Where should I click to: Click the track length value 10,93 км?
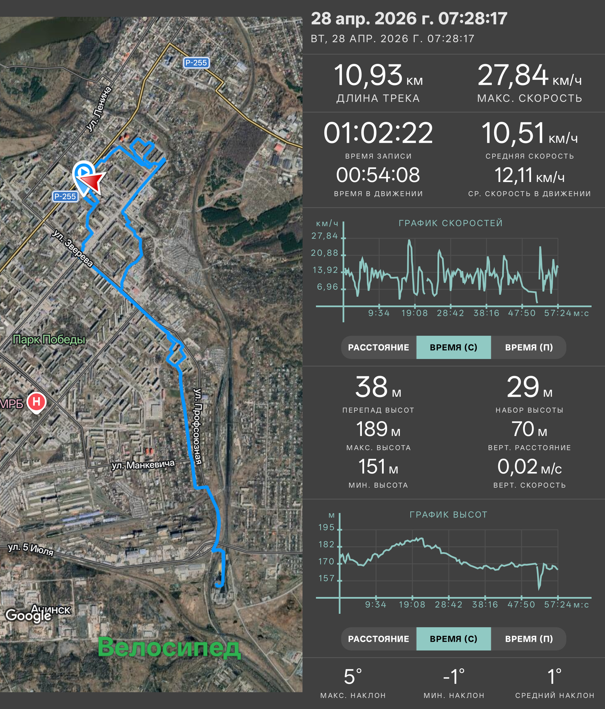pos(378,76)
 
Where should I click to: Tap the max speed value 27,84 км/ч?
pos(529,76)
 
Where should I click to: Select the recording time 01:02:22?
pos(378,133)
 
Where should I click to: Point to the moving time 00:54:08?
pos(378,175)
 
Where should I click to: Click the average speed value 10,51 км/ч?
pos(529,133)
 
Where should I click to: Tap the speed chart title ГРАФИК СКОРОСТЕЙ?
pos(451,223)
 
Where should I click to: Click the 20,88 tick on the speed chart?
pos(324,253)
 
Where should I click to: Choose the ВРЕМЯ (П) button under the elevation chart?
pos(529,639)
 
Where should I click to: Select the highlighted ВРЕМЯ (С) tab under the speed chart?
pos(453,347)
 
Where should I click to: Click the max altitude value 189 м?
pos(378,430)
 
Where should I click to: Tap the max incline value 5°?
pos(353,677)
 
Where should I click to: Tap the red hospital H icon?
pos(37,402)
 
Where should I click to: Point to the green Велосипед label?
pos(169,647)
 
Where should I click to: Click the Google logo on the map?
pos(28,615)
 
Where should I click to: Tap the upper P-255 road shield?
pos(196,63)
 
